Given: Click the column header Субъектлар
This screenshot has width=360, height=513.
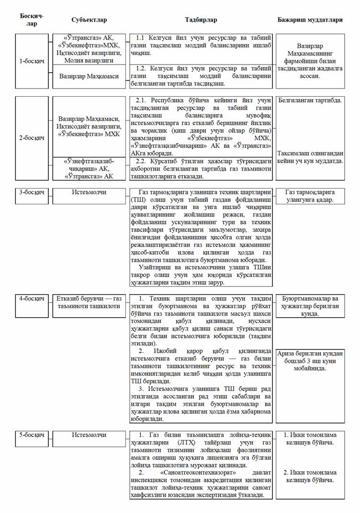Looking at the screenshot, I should (89, 20).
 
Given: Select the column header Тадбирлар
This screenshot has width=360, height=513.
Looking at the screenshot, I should (201, 20).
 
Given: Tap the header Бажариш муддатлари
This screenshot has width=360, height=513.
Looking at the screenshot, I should (310, 20).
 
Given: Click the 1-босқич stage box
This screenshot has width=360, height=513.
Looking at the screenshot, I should (32, 61).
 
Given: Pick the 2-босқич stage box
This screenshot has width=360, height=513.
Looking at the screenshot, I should (32, 138).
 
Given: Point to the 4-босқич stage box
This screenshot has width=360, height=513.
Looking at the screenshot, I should (32, 299).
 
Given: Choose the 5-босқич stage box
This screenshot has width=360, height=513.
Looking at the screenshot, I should (32, 435).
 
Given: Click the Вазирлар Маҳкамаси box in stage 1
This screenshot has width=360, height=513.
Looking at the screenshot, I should (89, 76).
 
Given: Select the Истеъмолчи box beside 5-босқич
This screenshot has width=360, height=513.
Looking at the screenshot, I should (89, 435).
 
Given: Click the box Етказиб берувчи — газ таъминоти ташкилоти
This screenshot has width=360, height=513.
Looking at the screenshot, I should (89, 302).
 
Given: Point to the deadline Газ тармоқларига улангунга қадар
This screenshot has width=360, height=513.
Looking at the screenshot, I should (310, 196).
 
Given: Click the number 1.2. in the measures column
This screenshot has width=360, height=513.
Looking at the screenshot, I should (142, 68).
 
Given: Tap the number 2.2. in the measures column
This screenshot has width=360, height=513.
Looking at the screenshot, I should (142, 161).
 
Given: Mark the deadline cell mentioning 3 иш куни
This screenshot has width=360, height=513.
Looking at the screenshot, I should (310, 361).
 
